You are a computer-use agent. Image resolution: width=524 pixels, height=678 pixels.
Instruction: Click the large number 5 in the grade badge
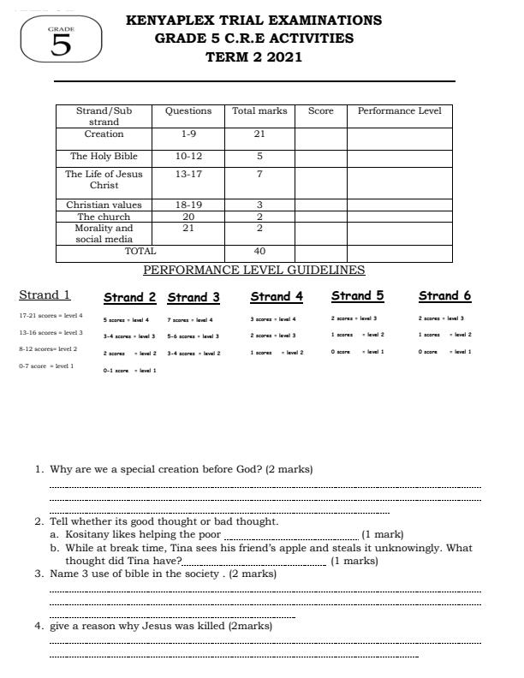coord(62,45)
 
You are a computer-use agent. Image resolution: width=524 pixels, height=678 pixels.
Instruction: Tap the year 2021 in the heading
coord(283,57)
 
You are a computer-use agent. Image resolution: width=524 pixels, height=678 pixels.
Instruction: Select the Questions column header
coord(188,111)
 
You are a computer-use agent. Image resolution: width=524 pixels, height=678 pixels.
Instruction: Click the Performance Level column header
coord(399,111)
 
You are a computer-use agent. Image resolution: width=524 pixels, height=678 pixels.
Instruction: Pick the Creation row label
coord(104,134)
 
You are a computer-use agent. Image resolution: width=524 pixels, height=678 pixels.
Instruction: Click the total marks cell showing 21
coord(259,134)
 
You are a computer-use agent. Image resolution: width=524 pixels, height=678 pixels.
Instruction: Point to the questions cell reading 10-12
coord(188,157)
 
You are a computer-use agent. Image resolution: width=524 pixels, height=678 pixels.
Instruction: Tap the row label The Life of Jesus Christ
coord(104,180)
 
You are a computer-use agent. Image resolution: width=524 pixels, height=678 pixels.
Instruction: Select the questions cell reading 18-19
coord(188,205)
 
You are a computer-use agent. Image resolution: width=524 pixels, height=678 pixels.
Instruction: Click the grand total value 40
coord(259,252)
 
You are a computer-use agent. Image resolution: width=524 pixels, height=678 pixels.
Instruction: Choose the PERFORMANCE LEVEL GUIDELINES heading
coord(253,271)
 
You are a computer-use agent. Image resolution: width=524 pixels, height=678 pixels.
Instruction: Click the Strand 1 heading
coord(45,295)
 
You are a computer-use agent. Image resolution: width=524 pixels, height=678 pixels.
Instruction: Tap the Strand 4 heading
coord(277,297)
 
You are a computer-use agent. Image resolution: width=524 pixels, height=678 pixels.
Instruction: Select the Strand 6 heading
coord(444,296)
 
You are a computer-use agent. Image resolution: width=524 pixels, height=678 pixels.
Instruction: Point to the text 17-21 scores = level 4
coord(51,316)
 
